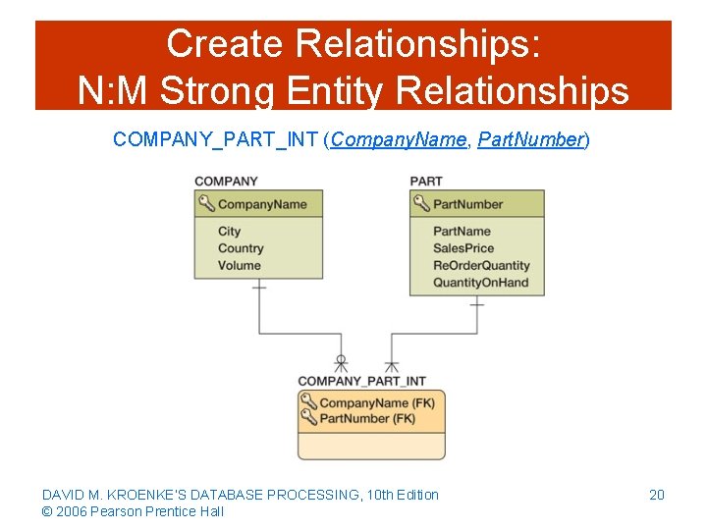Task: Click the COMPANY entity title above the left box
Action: click(226, 181)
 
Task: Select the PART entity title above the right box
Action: click(426, 181)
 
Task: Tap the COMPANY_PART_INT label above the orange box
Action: click(361, 381)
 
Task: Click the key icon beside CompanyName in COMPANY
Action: click(206, 204)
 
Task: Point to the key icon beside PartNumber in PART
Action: click(421, 204)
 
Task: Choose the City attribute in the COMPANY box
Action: click(229, 232)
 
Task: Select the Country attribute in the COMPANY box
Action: click(241, 248)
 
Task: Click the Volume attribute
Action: click(240, 265)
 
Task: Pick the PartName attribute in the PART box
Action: click(462, 232)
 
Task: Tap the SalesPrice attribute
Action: click(463, 248)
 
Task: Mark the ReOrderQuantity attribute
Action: click(481, 265)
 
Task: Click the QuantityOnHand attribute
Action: click(480, 283)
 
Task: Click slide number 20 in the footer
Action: click(657, 495)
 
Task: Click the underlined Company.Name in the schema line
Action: click(398, 139)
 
